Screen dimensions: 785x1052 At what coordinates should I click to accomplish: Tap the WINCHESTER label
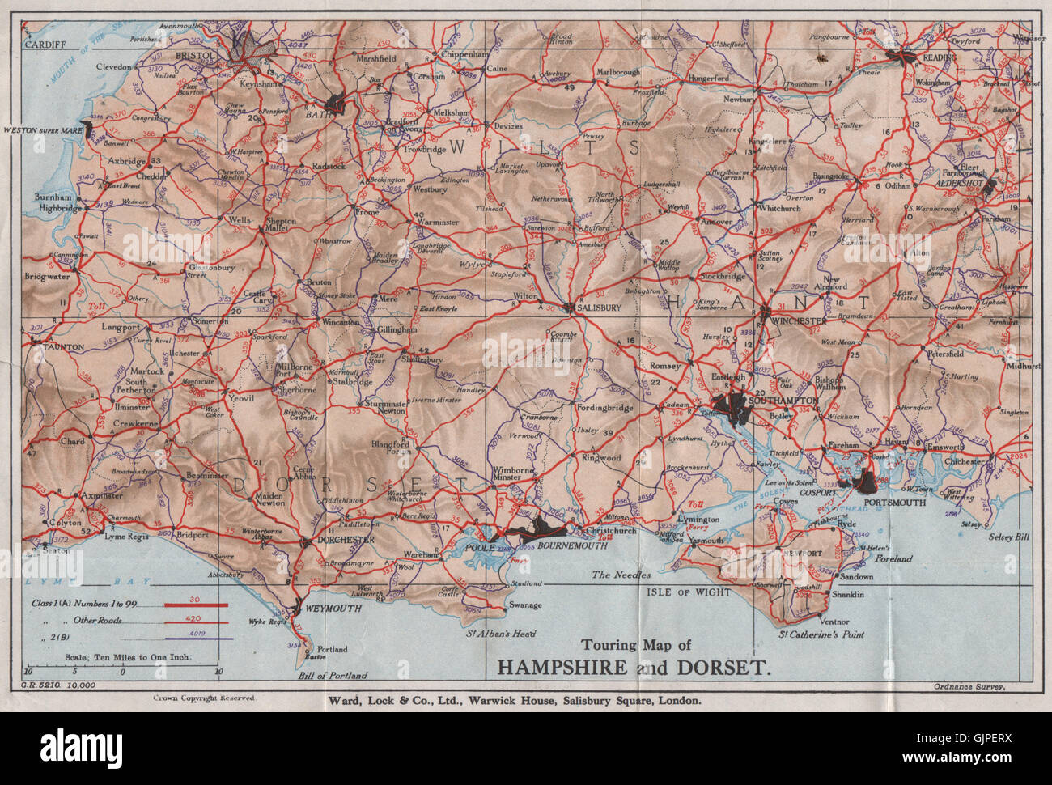click(800, 321)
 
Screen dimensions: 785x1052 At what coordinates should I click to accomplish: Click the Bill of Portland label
click(333, 676)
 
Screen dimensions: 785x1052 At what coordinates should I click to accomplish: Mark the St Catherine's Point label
click(821, 634)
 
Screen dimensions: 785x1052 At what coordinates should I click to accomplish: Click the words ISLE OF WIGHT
click(689, 592)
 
